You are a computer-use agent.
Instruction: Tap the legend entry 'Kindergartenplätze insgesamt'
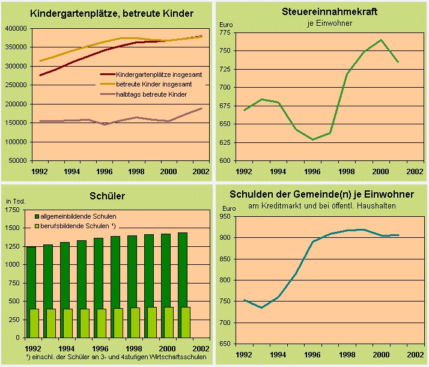[x=159, y=73]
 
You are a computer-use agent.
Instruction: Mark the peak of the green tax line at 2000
[x=380, y=40]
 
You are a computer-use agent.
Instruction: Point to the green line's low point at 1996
[x=312, y=139]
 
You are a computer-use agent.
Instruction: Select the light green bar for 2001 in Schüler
[x=185, y=322]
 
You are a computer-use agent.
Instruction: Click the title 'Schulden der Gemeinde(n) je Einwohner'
[x=322, y=195]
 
